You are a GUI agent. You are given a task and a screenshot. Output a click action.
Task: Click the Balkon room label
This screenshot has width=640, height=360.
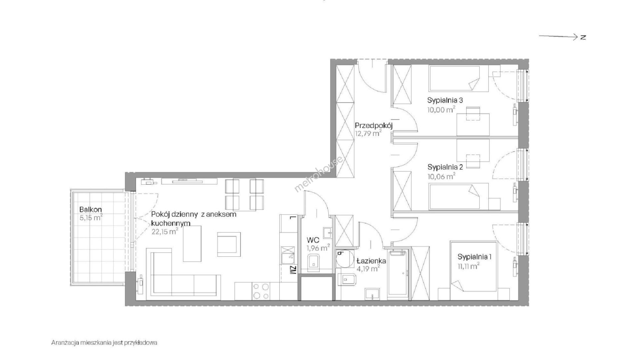pos(90,210)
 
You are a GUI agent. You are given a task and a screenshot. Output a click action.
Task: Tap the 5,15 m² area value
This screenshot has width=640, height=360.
pos(91,218)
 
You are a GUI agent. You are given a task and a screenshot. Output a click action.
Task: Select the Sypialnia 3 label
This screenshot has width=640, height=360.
pos(445,100)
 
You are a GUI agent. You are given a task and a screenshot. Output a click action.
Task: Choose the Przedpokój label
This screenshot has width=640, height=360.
pos(374,126)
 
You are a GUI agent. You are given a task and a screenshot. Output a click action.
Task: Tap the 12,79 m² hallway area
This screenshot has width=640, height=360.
pos(368,134)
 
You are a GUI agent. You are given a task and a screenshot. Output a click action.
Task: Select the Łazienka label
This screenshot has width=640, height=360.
pos(371,261)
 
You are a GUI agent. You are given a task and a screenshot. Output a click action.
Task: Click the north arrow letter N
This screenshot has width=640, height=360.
pos(583,37)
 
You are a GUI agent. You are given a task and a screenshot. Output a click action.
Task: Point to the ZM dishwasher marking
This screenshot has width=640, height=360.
pos(292,270)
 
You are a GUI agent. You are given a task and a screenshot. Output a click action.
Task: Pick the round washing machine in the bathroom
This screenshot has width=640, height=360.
pos(344,259)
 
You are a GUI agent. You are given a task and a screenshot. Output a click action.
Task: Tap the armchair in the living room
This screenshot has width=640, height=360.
pos(229,244)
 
